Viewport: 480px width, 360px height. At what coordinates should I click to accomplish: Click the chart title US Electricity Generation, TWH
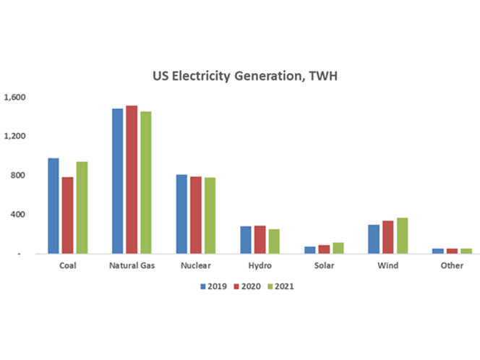[245, 76]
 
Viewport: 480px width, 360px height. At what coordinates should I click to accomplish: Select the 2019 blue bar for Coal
[53, 206]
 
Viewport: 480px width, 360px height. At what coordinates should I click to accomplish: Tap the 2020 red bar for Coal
[68, 215]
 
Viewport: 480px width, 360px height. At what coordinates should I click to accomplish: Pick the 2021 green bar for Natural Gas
[146, 182]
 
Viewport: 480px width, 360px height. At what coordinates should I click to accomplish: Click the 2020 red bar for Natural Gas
[132, 179]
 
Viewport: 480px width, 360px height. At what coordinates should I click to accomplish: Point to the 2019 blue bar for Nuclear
[181, 214]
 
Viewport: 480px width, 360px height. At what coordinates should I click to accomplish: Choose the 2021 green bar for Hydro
[274, 241]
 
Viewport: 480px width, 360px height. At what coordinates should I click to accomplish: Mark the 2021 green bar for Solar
[338, 248]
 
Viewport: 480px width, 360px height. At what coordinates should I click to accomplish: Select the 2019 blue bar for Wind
[374, 239]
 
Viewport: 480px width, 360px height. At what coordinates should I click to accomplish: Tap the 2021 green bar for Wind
[402, 236]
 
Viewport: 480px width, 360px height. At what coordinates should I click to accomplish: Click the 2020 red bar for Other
[452, 251]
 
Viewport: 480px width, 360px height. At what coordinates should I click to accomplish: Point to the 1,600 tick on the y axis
[14, 98]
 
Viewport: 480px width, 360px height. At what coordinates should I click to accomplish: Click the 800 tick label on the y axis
[18, 176]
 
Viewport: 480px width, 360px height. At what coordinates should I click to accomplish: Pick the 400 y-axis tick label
[18, 214]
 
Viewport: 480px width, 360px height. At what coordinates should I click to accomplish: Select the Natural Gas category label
[132, 265]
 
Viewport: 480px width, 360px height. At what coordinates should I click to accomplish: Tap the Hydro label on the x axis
[260, 265]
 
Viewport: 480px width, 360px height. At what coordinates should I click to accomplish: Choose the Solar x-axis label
[324, 265]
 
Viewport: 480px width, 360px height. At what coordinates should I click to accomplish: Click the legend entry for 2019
[214, 286]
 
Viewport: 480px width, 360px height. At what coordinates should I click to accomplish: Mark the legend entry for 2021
[280, 286]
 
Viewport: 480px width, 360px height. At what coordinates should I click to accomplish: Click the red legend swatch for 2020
[236, 286]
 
